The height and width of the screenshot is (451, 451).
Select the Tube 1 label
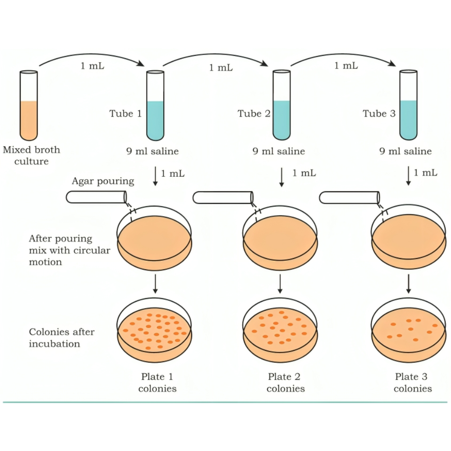click(x=125, y=114)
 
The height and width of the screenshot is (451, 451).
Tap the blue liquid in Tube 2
click(x=281, y=120)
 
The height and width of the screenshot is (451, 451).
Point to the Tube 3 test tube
click(x=409, y=106)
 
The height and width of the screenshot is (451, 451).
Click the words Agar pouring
click(x=103, y=181)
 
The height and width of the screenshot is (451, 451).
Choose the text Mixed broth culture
click(x=31, y=155)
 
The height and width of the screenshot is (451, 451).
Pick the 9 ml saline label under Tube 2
click(x=278, y=152)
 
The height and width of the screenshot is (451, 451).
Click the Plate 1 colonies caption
click(x=157, y=382)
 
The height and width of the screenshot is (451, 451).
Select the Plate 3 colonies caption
click(x=413, y=382)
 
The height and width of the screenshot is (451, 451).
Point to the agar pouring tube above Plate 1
click(x=96, y=197)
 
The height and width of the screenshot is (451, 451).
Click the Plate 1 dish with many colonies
click(x=155, y=331)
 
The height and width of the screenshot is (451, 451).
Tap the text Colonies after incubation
click(x=62, y=338)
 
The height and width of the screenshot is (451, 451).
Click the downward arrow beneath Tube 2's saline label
click(x=282, y=177)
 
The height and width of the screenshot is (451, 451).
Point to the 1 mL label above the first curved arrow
click(x=92, y=66)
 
